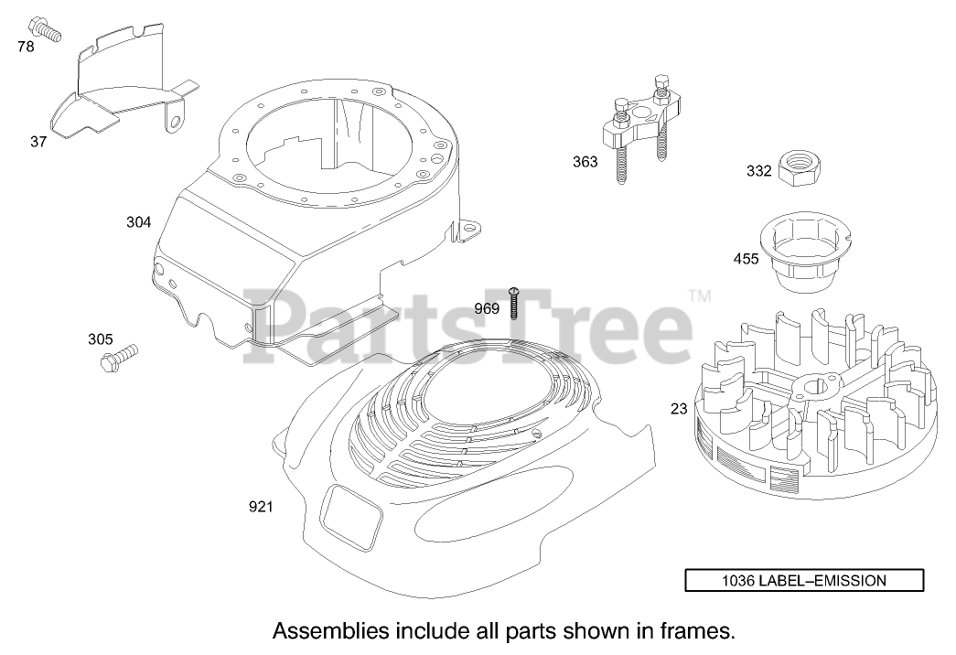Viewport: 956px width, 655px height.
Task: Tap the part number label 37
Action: coord(38,141)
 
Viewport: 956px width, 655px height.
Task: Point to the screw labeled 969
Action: coord(514,301)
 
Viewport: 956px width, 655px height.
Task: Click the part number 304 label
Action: coord(138,221)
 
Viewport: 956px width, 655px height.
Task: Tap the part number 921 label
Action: coord(261,506)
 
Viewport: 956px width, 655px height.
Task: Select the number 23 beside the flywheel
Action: coord(678,409)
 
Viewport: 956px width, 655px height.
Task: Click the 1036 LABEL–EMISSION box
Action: coord(804,580)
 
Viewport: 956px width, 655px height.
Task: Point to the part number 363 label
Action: coord(585,162)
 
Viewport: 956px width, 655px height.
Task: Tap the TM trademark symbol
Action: coord(699,296)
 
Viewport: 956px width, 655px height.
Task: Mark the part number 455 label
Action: coord(746,259)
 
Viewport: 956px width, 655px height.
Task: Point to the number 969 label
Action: coord(487,308)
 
